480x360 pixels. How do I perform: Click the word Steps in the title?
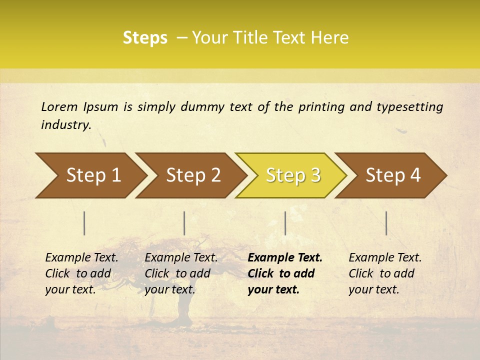click(145, 38)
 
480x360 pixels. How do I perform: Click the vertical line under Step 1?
click(84, 223)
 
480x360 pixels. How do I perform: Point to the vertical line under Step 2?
click(184, 223)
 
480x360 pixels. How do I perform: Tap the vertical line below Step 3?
click(285, 223)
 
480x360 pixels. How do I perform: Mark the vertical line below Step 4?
click(386, 223)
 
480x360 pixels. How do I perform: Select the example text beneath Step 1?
click(81, 273)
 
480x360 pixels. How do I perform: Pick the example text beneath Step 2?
click(181, 273)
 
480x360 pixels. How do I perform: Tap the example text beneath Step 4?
click(385, 273)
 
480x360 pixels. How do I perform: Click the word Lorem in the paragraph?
click(59, 107)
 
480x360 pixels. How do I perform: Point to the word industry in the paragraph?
click(65, 125)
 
